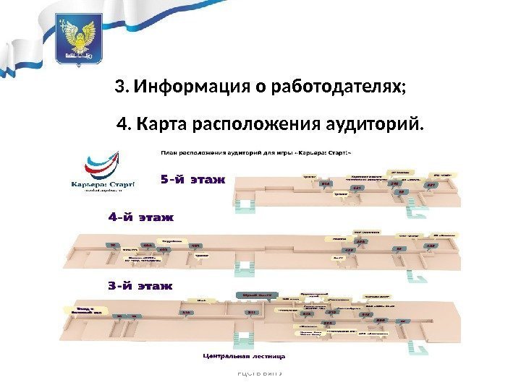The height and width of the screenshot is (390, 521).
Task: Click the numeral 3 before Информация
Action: pyautogui.click(x=120, y=88)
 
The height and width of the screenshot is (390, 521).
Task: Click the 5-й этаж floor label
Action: pyautogui.click(x=192, y=178)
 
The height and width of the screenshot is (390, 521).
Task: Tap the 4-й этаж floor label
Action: pyautogui.click(x=141, y=216)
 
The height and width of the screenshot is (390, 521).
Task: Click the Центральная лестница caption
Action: pyautogui.click(x=243, y=355)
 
